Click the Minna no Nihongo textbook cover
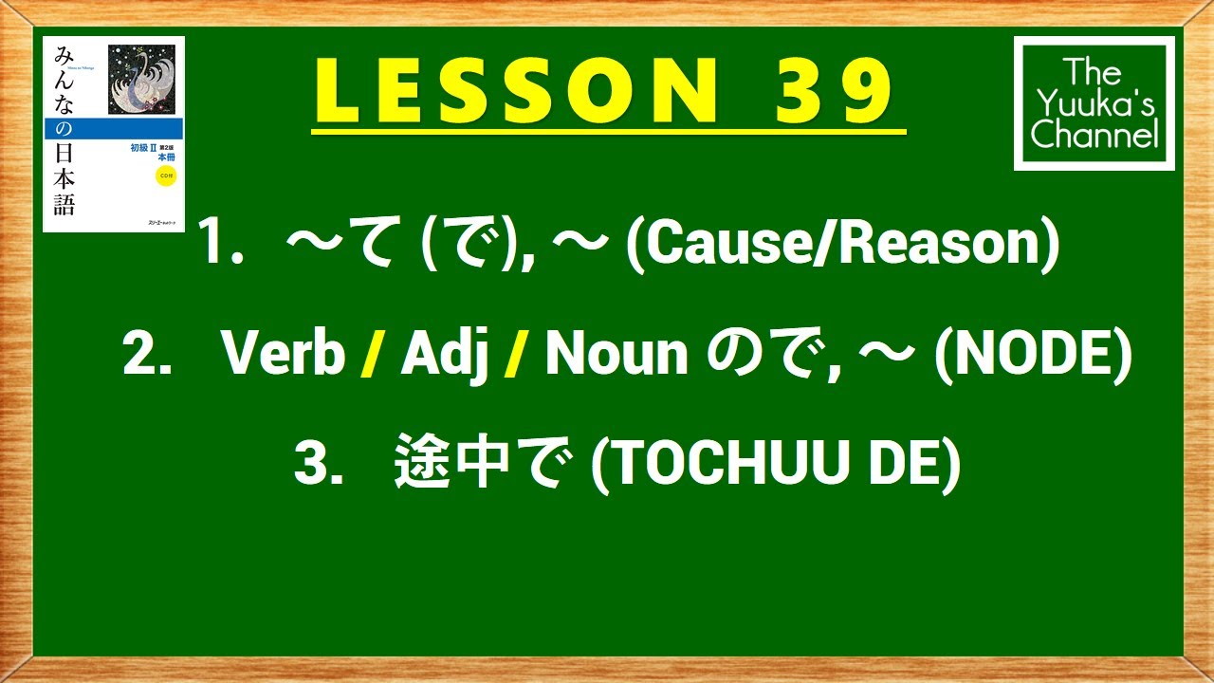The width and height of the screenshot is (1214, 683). click(x=114, y=134)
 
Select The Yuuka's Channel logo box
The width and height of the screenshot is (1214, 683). click(x=1094, y=103)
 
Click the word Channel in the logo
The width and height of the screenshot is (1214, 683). click(x=1094, y=136)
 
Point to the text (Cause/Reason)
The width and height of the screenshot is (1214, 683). click(x=838, y=245)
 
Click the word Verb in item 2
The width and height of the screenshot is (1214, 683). click(x=283, y=356)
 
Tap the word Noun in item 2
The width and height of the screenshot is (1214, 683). click(x=616, y=356)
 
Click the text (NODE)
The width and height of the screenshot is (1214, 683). click(x=1033, y=356)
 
